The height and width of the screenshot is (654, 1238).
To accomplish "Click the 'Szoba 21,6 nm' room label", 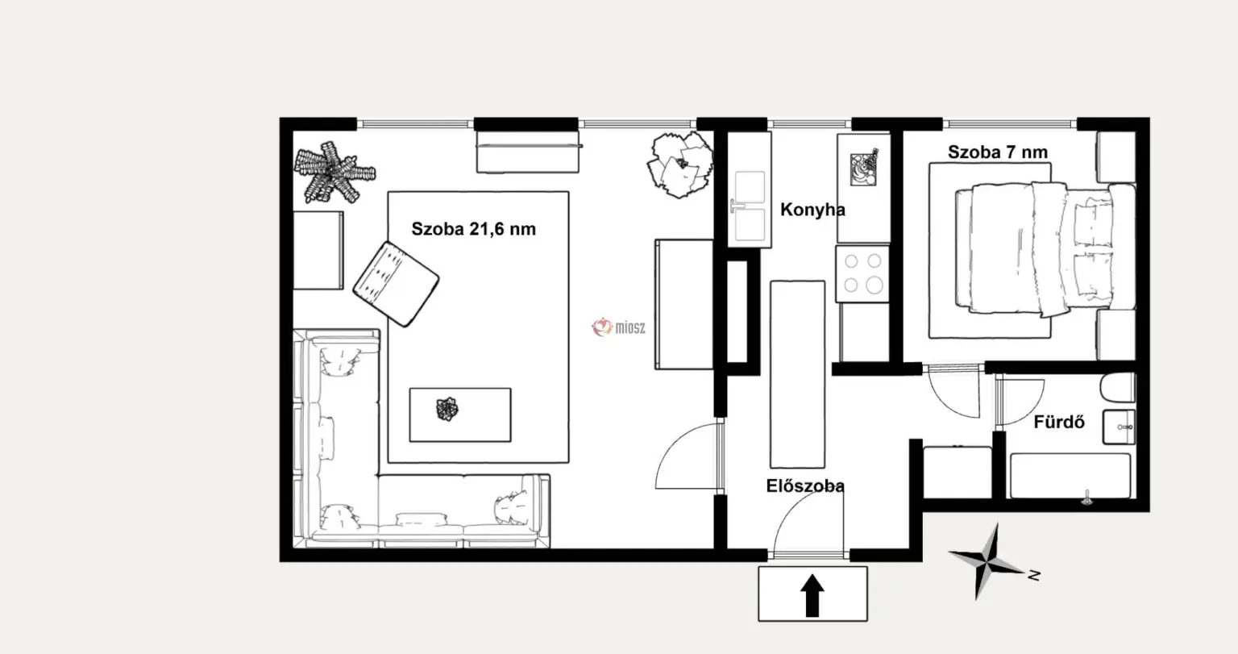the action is (x=474, y=229).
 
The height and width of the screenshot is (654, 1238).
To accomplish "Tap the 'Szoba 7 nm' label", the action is (x=998, y=152).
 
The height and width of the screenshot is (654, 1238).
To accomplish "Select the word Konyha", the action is (x=812, y=210).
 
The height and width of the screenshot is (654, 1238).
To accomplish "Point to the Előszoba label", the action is (x=804, y=486).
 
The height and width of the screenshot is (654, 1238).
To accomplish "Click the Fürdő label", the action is (x=1059, y=423).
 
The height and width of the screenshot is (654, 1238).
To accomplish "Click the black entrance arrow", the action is (x=812, y=595).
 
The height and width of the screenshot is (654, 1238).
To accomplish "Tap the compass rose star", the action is (x=987, y=562).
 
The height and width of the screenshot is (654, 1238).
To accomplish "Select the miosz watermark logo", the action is (x=618, y=327).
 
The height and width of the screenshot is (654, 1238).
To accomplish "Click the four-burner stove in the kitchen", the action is (x=862, y=274).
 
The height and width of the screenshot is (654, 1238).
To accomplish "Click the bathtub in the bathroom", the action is (x=1070, y=477).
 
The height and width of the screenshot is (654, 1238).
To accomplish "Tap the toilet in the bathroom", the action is (x=1117, y=387).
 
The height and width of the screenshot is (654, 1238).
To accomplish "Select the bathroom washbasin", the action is (x=1119, y=427).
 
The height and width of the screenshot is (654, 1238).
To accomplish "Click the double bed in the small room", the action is (x=1045, y=248).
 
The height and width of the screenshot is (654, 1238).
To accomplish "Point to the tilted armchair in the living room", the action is (x=396, y=284).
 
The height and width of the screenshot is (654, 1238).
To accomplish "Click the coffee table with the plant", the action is (x=460, y=414).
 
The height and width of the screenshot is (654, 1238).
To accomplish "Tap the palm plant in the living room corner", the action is (x=334, y=172).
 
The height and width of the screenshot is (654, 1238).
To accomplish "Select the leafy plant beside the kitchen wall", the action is (x=680, y=165).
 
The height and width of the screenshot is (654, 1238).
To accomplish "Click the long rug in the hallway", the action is (x=797, y=374).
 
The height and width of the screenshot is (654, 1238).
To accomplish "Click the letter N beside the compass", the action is (x=1034, y=576).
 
